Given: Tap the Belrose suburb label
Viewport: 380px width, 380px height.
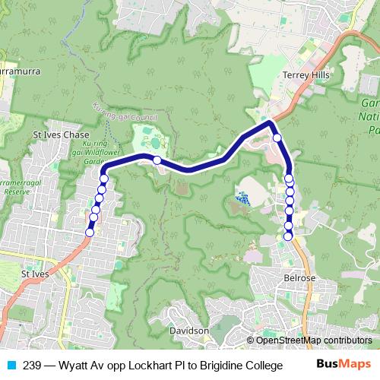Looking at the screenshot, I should [299, 279].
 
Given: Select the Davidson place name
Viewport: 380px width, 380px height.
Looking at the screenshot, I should [190, 331].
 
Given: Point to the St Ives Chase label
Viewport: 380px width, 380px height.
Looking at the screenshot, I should [61, 134].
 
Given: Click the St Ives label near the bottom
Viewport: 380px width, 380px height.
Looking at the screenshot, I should [36, 274].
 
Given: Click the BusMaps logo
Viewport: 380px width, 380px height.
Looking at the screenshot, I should [343, 365].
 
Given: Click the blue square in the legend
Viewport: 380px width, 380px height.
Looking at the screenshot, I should [11, 365].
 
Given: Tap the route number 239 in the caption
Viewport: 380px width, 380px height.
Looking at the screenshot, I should [33, 365].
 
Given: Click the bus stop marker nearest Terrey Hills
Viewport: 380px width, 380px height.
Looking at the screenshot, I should [277, 138].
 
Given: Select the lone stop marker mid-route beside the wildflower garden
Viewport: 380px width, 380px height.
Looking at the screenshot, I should [157, 160].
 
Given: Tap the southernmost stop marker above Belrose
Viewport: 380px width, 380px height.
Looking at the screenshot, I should [288, 236].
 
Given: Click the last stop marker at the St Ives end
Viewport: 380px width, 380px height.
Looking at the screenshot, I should [90, 233].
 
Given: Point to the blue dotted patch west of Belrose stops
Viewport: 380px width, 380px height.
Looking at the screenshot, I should [242, 199].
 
